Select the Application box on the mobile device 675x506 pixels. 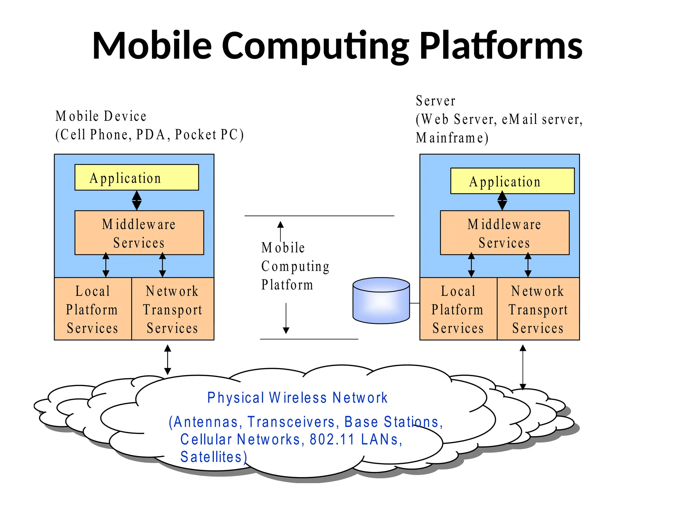[136, 178]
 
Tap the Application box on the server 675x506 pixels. [512, 181]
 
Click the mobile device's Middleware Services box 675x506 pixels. [139, 233]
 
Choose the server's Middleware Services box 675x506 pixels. [505, 233]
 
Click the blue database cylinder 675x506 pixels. [381, 300]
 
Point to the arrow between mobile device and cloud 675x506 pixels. [167, 359]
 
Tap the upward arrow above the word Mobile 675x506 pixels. [280, 231]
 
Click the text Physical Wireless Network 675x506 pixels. [297, 398]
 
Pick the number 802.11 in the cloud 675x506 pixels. [332, 439]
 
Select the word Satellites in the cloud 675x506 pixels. [211, 457]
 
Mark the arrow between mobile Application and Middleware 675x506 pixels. [137, 200]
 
